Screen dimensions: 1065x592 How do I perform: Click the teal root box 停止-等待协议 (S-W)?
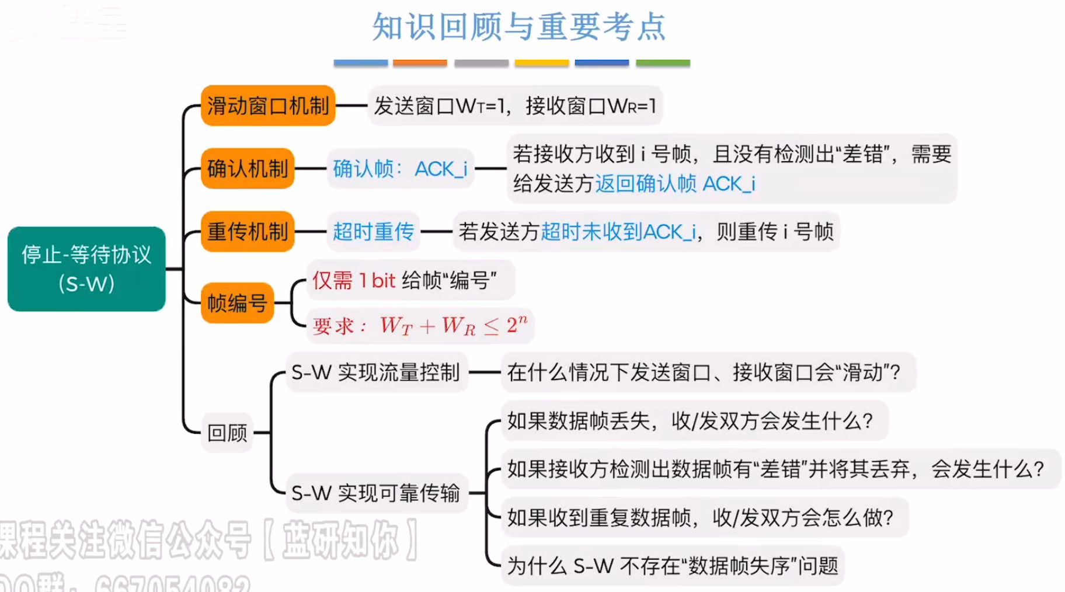point(86,269)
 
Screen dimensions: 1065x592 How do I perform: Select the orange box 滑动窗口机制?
point(268,106)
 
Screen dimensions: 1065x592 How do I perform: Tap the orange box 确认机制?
point(248,169)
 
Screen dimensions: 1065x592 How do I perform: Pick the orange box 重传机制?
point(248,232)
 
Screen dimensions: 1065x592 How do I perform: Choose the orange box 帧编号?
point(237,303)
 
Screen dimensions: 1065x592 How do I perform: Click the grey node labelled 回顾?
point(227,433)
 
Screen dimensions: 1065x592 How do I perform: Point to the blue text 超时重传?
point(373,232)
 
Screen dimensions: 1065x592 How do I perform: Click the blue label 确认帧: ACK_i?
point(400,169)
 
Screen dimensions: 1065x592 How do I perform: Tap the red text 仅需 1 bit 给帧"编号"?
point(405,280)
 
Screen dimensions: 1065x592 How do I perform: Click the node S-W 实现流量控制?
point(375,372)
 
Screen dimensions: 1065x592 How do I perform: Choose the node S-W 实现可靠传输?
point(375,493)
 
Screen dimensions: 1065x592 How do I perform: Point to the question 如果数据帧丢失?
point(690,420)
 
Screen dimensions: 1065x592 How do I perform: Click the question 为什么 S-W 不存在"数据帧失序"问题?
point(672,565)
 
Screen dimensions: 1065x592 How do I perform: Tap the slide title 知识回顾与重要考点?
point(519,27)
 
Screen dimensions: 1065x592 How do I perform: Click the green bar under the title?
point(663,62)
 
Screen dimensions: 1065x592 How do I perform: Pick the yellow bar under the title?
point(541,62)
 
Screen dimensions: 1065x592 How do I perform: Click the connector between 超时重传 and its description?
point(436,232)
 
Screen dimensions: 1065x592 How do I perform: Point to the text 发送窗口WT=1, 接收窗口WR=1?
point(515,106)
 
